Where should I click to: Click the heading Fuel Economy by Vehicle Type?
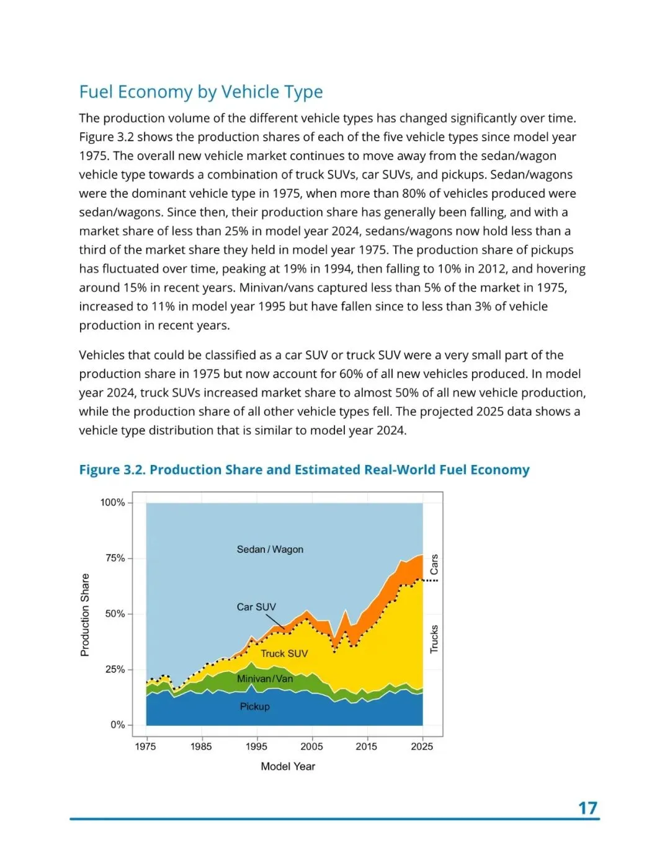point(201,92)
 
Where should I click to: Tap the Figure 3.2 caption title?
point(304,470)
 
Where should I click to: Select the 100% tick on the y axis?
point(113,503)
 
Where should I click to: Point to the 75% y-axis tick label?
point(115,558)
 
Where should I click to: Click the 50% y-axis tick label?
point(115,614)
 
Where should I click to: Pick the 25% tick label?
point(115,669)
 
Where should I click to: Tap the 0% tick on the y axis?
point(118,725)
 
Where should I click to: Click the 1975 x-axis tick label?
point(146,746)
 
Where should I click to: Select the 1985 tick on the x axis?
point(201,746)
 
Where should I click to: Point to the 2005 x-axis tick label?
point(311,746)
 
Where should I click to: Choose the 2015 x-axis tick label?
point(367,746)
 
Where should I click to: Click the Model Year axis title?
point(288,766)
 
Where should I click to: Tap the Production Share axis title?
point(85,615)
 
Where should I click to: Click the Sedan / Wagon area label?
point(270,549)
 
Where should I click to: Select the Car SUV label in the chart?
point(256,607)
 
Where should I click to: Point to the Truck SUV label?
point(284,653)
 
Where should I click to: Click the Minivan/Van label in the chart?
point(265,679)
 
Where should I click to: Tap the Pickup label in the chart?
point(255,707)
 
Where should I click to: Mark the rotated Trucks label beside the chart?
point(434,638)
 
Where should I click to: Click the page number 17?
point(587,808)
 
